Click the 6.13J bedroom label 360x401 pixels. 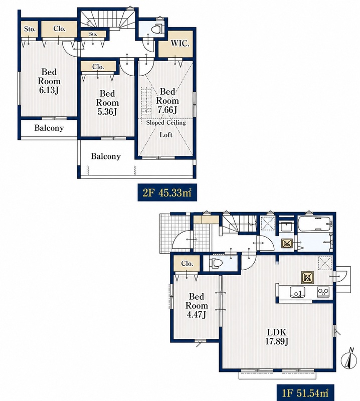(49, 81)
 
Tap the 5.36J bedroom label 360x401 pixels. (107, 103)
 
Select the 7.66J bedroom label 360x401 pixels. (167, 101)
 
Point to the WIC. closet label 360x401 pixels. (180, 44)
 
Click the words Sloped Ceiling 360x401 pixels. (166, 123)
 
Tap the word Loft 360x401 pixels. (166, 135)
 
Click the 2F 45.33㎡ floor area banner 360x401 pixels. (167, 192)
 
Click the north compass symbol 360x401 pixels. (349, 360)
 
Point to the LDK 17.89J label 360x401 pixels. (277, 337)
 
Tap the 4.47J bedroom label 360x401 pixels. (197, 306)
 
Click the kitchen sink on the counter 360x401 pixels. (297, 292)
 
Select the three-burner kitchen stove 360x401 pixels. (323, 292)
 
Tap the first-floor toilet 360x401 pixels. (214, 263)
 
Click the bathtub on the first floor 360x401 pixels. (315, 224)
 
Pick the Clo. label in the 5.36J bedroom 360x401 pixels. (98, 67)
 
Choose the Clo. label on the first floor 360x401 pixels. (187, 264)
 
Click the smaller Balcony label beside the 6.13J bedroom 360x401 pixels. (49, 128)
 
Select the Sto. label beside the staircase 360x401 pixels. (93, 34)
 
